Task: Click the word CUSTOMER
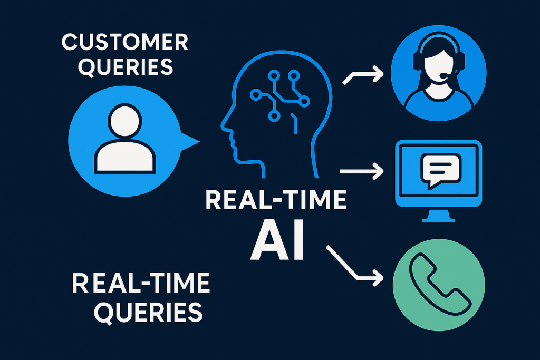coord(124,42)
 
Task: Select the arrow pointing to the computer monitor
coord(362,171)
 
